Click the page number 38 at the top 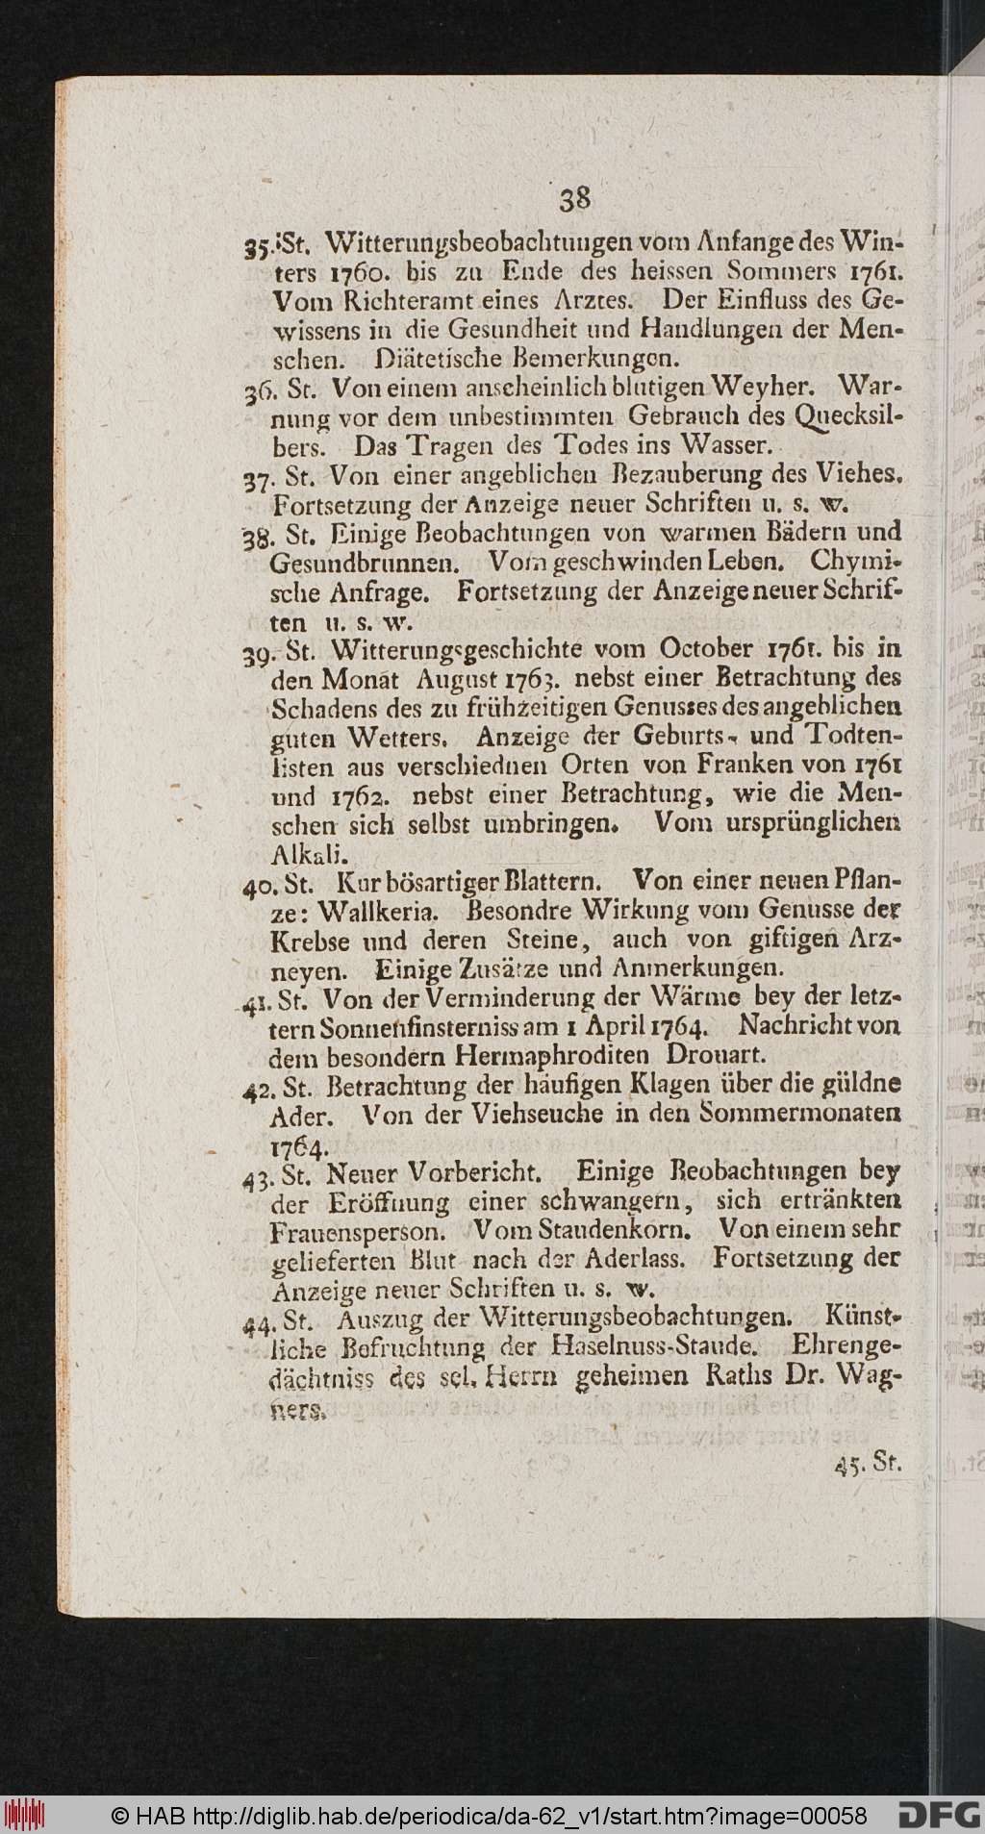(x=574, y=199)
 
